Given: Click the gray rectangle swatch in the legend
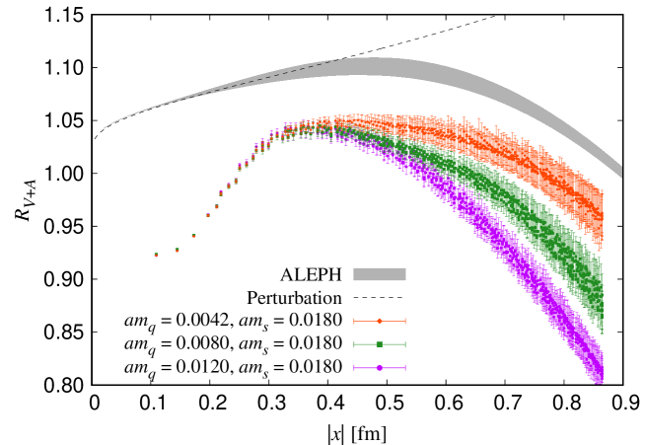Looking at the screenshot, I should [380, 274].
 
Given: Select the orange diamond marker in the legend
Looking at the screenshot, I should [380, 321].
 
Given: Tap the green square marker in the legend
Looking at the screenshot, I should [380, 344].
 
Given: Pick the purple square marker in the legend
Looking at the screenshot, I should [380, 368].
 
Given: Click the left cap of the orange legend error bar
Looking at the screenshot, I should [354, 321].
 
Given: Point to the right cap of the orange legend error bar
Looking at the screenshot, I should [405, 321].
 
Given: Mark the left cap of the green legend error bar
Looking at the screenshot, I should [354, 344].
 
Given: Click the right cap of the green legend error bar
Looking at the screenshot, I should [405, 344].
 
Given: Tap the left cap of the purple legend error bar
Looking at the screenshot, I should [354, 368].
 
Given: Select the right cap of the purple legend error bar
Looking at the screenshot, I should [405, 368].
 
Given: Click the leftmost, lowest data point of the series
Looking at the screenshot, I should [156, 255].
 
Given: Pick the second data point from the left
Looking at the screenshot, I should [178, 250].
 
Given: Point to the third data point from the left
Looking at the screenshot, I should [193, 236].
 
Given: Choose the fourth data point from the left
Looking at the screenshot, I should [208, 214].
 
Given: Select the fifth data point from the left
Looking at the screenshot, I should [217, 206].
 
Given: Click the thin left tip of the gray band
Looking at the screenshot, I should [104, 128].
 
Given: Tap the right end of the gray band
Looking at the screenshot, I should [621, 172].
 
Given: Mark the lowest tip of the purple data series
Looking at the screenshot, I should [600, 381].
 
